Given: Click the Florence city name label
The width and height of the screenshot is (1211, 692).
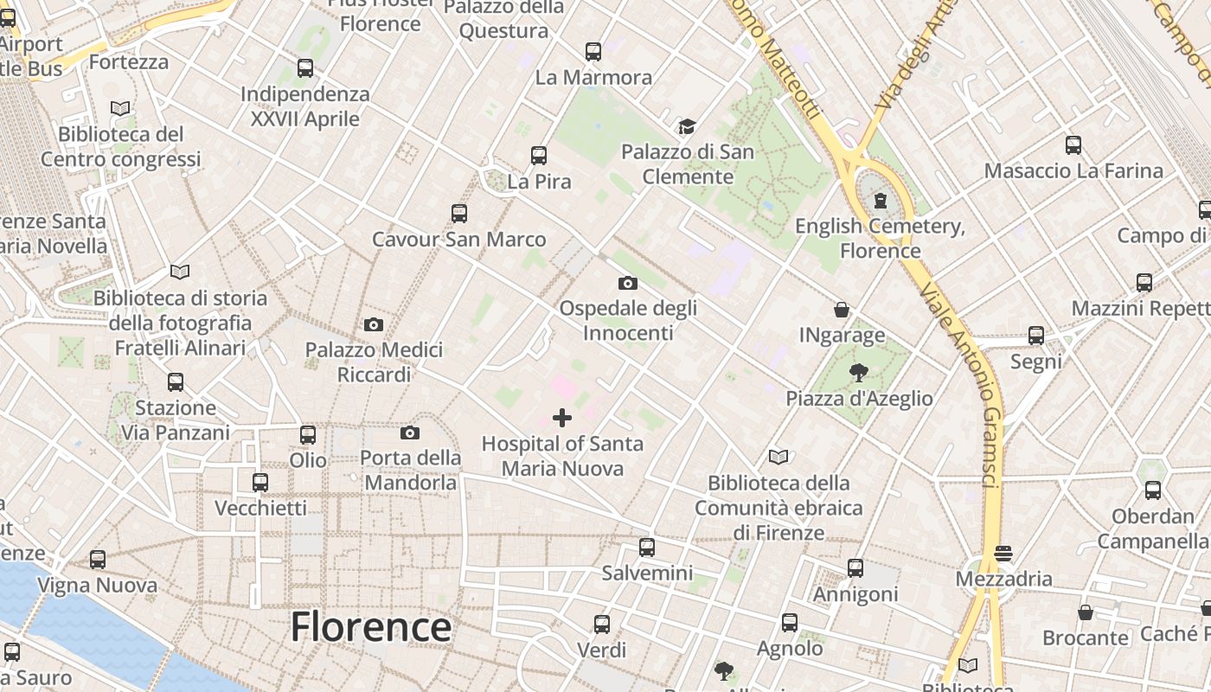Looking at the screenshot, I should [370, 626].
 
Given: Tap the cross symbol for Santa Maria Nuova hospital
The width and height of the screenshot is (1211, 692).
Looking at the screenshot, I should [562, 419].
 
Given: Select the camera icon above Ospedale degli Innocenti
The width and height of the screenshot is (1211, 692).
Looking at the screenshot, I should [628, 283].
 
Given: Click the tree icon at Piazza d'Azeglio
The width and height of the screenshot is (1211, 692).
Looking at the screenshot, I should [858, 373].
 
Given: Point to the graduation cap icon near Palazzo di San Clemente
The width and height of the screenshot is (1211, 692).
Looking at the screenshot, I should [687, 127].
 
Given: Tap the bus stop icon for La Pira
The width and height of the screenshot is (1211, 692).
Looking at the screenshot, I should [539, 156].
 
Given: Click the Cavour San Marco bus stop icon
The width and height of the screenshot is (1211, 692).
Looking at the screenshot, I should [459, 213].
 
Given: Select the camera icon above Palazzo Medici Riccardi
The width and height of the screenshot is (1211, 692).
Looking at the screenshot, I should [374, 324].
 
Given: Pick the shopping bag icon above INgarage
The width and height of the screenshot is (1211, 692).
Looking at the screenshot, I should [841, 310].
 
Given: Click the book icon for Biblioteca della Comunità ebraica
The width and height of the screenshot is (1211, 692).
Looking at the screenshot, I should [778, 457].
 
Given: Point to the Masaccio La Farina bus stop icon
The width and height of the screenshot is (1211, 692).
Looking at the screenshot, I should [1073, 144].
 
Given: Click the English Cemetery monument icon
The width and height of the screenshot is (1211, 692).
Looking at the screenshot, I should [881, 202].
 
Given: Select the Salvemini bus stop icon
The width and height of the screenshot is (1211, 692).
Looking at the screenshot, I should [647, 548].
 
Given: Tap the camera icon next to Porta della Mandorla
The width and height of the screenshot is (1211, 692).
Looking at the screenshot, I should [410, 432].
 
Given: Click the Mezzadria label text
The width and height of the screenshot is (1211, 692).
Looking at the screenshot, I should [1004, 579].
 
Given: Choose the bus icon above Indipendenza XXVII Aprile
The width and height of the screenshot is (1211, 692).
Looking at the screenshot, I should [305, 67].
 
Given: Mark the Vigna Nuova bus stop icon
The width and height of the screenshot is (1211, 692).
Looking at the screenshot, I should [98, 560].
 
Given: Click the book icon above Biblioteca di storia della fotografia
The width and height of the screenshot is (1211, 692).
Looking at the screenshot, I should [180, 272].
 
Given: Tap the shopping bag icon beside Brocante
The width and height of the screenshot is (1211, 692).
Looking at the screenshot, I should [1086, 612].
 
